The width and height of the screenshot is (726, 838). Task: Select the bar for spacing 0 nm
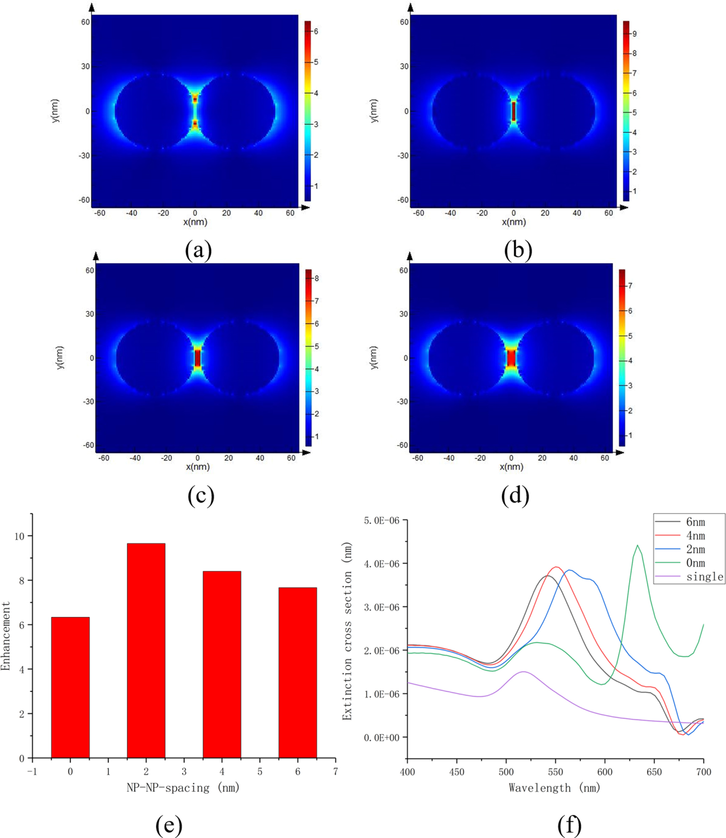[x=70, y=687]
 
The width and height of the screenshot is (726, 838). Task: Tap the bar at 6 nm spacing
[x=298, y=673]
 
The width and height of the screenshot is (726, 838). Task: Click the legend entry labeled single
[x=704, y=577]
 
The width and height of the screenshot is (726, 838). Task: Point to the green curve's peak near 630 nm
[x=637, y=545]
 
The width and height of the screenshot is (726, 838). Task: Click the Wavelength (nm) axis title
[x=555, y=787]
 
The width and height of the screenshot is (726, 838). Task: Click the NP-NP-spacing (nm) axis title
[x=183, y=787]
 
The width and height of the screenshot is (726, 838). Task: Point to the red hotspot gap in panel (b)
[x=513, y=111]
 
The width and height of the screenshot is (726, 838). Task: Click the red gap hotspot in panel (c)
[x=198, y=358]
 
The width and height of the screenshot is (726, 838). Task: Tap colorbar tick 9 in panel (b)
[x=634, y=34]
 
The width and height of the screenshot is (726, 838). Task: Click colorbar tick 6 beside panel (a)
[x=316, y=31]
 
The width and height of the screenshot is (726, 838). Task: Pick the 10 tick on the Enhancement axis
[x=19, y=536]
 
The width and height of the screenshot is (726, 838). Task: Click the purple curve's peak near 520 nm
[x=523, y=671]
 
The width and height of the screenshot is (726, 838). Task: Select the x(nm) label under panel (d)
[x=511, y=467]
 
